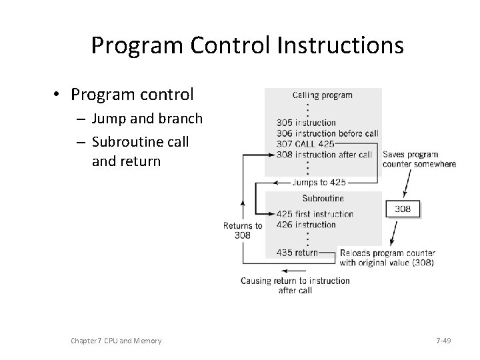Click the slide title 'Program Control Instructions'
point(247,45)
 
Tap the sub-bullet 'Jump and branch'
point(147,119)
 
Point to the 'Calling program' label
point(323,95)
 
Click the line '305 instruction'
point(306,123)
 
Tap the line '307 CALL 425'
point(305,144)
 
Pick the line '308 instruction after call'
point(324,155)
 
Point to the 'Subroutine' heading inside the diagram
point(323,198)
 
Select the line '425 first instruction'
point(315,214)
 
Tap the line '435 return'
point(297,253)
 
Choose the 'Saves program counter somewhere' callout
point(419,159)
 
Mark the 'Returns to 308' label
point(242,230)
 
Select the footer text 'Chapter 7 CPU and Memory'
point(116,341)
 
